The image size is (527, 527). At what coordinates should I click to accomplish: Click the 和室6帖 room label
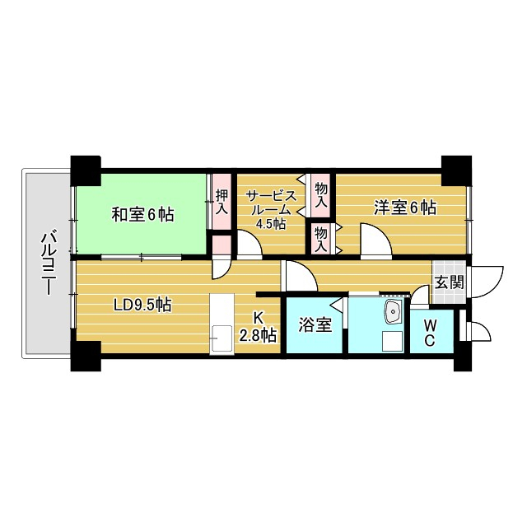coord(142,214)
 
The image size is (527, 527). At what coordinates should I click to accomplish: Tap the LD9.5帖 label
coord(142,305)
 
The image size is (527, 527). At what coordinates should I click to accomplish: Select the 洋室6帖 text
coord(403,208)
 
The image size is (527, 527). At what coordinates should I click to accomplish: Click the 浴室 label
coord(315,324)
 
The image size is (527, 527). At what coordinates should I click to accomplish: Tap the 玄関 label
coord(450,282)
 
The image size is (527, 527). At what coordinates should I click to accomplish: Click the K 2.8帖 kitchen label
coord(257,326)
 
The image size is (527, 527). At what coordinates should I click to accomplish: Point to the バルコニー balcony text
coord(48,263)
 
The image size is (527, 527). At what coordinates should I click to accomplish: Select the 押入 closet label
coord(221,202)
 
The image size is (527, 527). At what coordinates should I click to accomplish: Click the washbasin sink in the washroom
coord(393,311)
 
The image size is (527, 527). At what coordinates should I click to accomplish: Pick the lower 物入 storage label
coord(321,238)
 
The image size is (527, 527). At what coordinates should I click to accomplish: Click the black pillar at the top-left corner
coord(86,169)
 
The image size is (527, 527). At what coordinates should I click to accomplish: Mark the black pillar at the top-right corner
coord(453,169)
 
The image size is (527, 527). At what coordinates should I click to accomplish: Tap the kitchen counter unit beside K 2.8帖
coord(222,324)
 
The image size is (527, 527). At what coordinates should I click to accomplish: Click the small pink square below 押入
coord(221,245)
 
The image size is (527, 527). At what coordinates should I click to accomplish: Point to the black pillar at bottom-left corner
coord(86,355)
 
